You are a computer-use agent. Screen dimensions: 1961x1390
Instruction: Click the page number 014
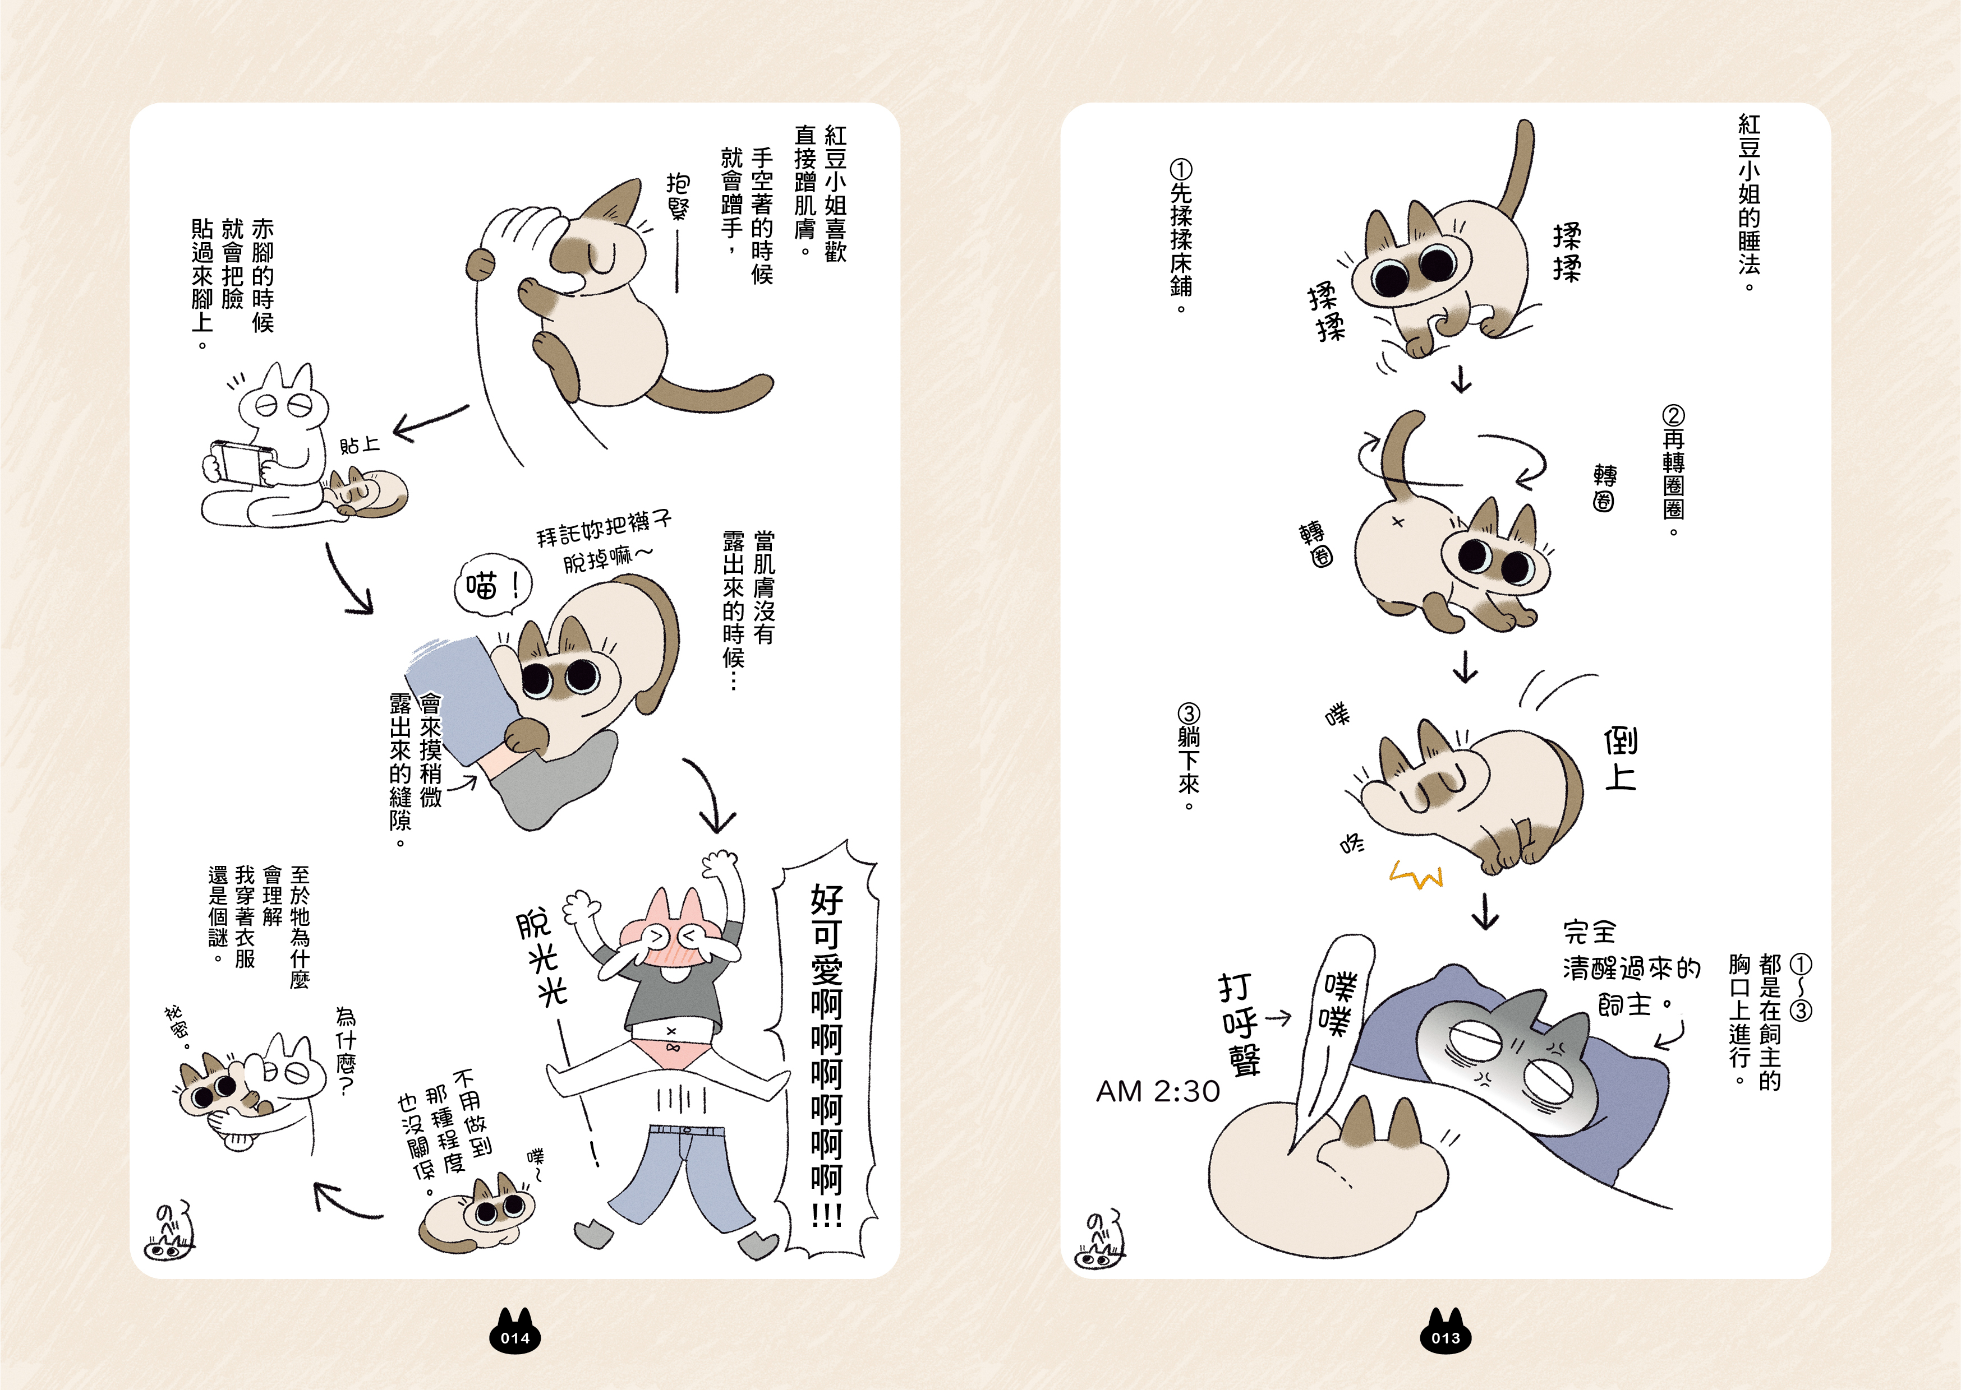515,1338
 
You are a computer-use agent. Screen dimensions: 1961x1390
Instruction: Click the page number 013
1446,1338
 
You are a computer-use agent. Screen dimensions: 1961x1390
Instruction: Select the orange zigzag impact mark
1416,875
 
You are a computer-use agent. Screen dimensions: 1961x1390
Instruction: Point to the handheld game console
242,462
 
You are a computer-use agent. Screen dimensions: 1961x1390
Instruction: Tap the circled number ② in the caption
1673,417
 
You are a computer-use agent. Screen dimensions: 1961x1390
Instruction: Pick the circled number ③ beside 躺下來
1189,714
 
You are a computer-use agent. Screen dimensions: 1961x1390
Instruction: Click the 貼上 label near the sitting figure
360,445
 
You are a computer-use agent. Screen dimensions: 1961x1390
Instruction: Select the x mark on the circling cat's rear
1397,521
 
